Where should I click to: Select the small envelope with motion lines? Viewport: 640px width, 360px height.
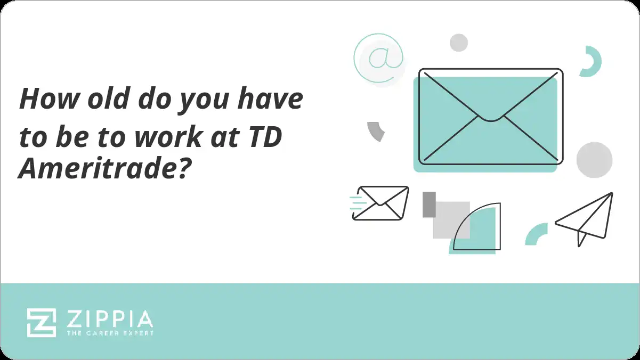point(380,203)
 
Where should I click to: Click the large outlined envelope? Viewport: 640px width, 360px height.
point(490,116)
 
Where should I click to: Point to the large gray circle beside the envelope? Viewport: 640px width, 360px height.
point(594,159)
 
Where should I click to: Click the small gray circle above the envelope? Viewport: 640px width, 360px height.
point(458,43)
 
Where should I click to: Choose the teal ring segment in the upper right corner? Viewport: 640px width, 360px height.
point(592,61)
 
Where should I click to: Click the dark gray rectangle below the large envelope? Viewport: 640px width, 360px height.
point(429,204)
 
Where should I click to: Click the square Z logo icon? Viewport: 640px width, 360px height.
point(42,322)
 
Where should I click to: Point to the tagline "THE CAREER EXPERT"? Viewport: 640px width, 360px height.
point(109,333)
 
